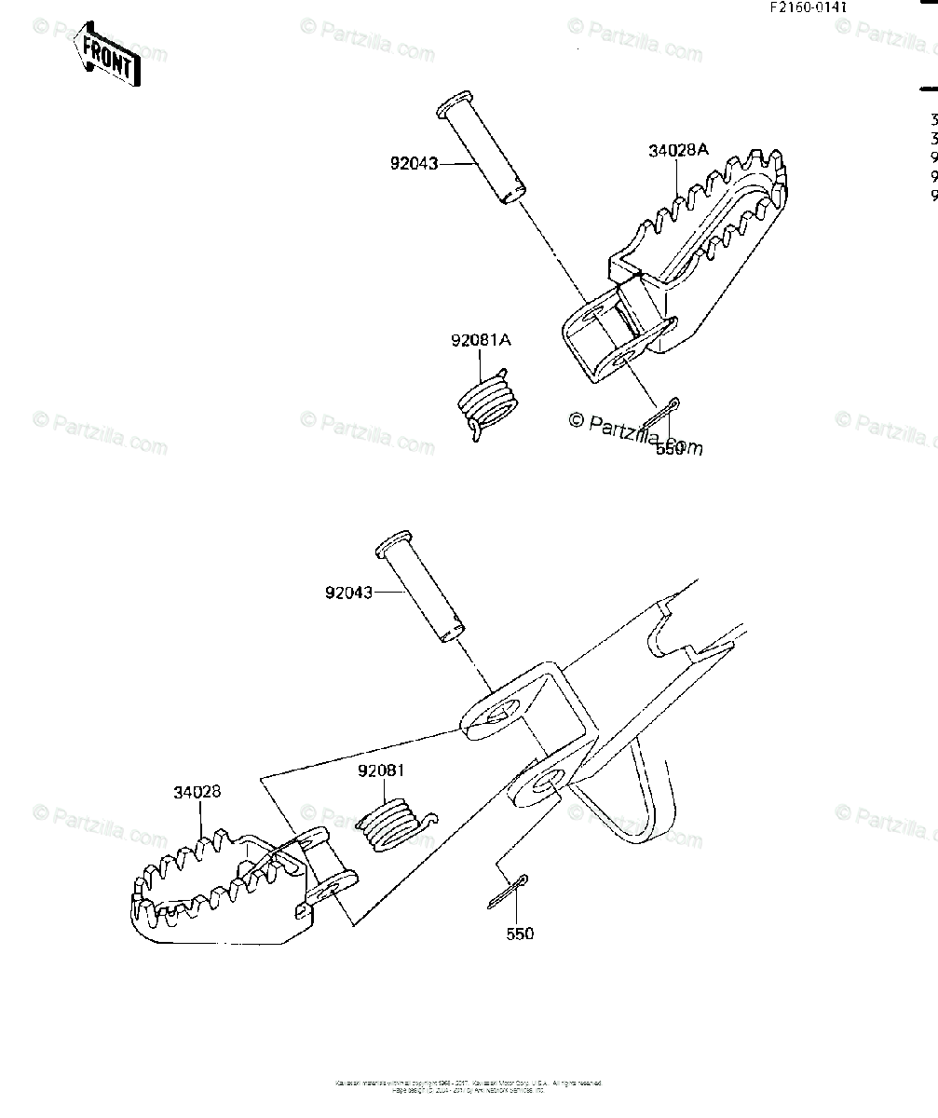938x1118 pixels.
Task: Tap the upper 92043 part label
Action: (x=415, y=164)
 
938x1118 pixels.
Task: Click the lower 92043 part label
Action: (x=348, y=592)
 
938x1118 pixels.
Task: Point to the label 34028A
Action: (x=677, y=150)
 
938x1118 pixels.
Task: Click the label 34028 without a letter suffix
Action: (x=197, y=793)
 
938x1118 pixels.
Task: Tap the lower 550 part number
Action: (x=521, y=934)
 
